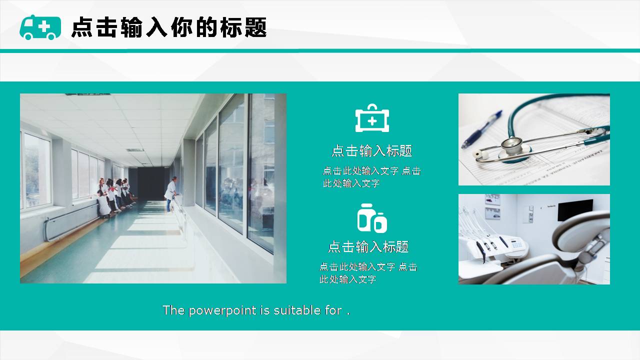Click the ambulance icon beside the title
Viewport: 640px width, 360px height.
click(x=40, y=27)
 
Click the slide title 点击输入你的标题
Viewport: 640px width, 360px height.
click(x=169, y=27)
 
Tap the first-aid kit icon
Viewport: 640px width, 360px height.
click(x=372, y=118)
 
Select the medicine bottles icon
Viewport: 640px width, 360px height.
click(x=372, y=218)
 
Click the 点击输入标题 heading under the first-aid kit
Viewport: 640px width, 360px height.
click(x=372, y=151)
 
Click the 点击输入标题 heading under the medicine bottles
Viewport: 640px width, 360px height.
click(x=368, y=246)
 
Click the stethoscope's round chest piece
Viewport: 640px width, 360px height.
click(x=511, y=146)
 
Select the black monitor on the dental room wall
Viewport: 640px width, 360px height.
click(x=575, y=210)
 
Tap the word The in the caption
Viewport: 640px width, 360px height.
click(x=173, y=310)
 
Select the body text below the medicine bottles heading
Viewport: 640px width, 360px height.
click(x=368, y=273)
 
